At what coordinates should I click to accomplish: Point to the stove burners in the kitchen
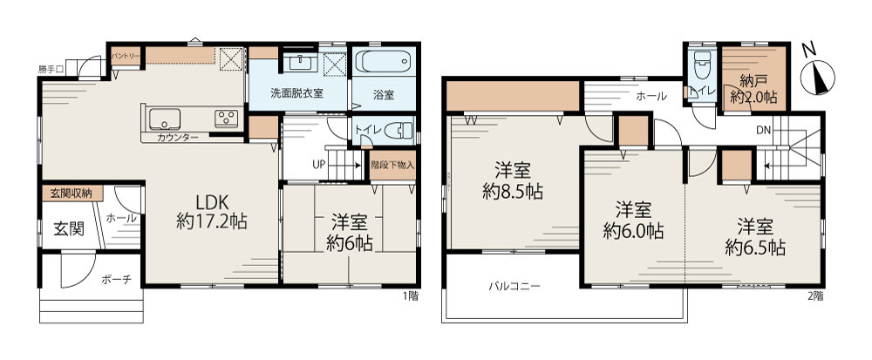point(228,118)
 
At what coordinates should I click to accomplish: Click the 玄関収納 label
point(71,193)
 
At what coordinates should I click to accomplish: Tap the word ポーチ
point(116,280)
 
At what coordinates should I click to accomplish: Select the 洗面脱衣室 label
point(296,93)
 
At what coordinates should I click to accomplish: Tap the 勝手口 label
point(50,67)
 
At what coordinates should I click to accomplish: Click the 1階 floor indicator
point(411,295)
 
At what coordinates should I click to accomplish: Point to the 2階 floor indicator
point(815,295)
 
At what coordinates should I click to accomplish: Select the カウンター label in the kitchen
point(178,138)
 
